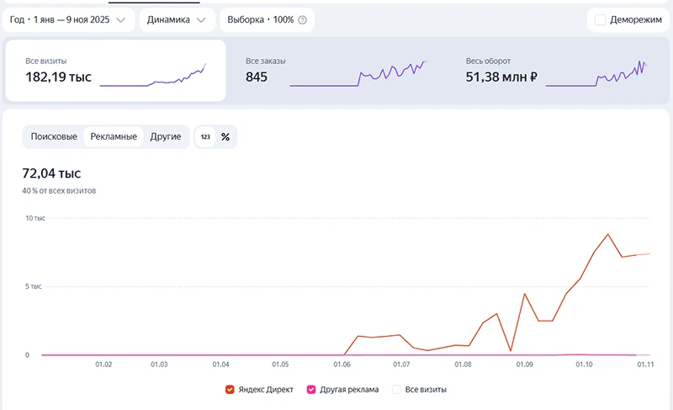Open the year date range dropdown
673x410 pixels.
68,19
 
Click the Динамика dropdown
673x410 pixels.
177,19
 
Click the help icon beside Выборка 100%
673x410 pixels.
303,19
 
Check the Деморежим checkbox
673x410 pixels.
600,19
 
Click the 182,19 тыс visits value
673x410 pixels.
58,77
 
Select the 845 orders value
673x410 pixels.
257,77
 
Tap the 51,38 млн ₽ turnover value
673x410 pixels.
501,77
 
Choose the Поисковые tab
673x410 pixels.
54,136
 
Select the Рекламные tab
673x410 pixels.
114,136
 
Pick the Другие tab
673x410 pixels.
165,136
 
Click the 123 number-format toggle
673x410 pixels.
205,137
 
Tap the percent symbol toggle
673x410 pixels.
225,137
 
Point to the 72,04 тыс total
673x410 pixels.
51,173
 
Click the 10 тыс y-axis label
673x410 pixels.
35,218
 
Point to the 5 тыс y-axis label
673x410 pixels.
34,286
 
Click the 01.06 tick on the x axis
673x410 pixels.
342,365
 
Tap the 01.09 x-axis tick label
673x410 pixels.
524,365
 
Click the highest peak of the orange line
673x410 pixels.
607,234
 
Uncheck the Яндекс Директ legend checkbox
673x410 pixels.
230,390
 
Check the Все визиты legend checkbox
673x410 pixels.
396,390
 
